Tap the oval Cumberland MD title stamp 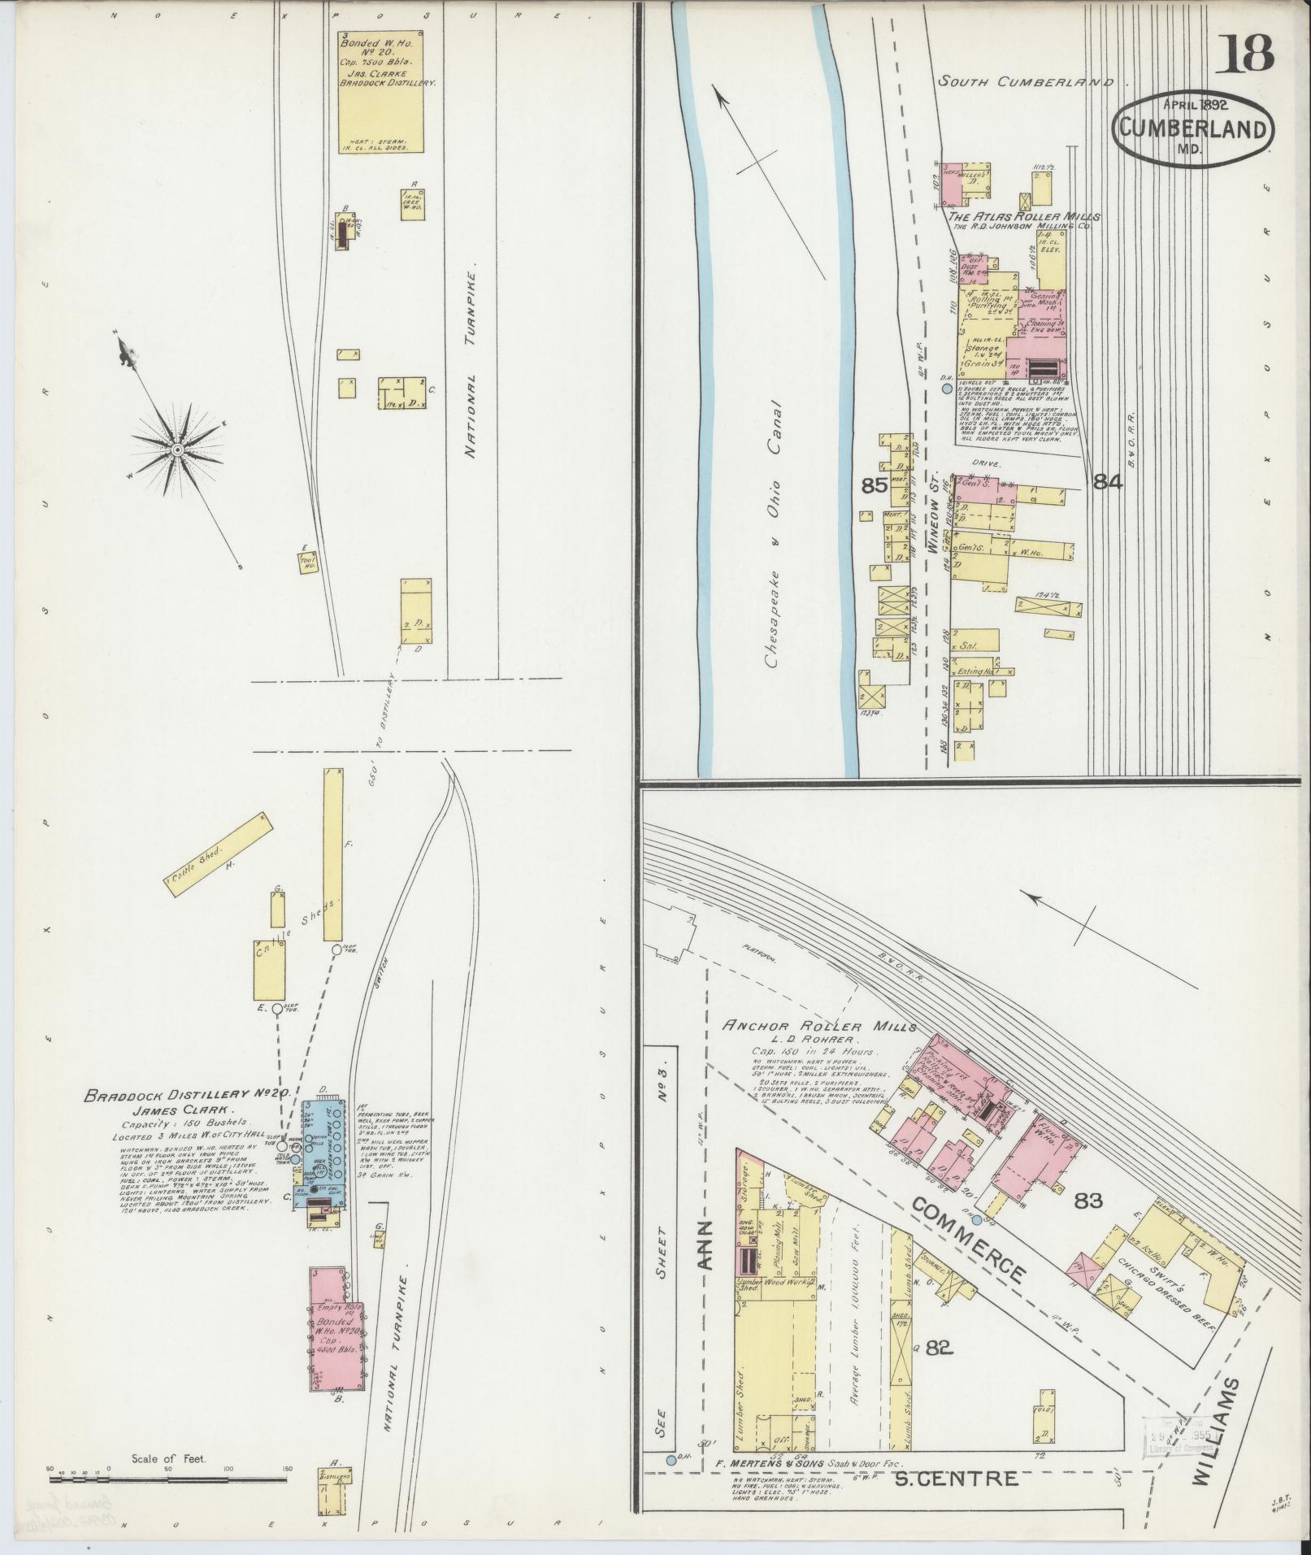(x=1193, y=128)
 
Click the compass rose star (x=176, y=450)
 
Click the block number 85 (x=873, y=486)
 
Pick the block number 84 (x=1108, y=482)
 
